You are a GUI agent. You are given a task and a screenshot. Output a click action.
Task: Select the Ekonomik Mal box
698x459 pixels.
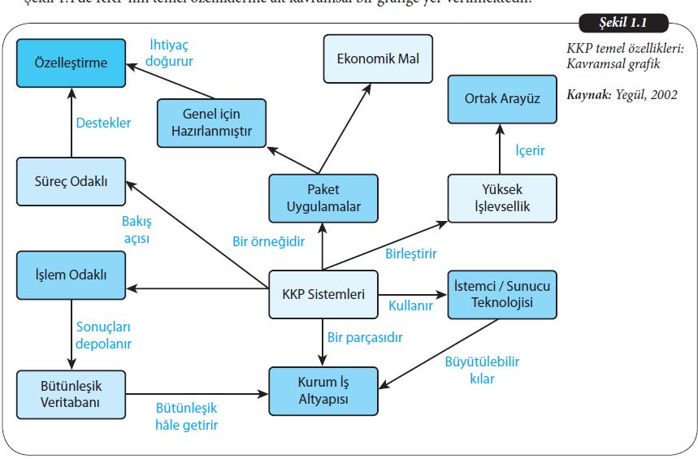click(379, 58)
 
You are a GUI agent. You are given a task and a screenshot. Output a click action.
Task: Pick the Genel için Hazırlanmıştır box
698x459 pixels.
click(211, 123)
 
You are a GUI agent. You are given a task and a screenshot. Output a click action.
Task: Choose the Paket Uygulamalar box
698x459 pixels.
click(323, 198)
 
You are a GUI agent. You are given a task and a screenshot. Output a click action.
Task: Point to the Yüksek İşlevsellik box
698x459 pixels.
click(502, 198)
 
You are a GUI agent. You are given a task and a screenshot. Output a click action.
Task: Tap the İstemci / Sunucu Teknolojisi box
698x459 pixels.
click(502, 293)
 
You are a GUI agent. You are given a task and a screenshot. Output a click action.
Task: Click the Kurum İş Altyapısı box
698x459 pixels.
click(323, 389)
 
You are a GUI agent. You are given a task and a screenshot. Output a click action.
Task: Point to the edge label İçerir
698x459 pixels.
click(531, 150)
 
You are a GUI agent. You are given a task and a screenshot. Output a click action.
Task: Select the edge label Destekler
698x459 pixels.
click(103, 123)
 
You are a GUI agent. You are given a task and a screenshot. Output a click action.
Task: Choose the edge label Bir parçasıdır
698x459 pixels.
click(365, 336)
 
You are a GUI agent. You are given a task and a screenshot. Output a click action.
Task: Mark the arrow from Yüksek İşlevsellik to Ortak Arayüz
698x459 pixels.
click(502, 150)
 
